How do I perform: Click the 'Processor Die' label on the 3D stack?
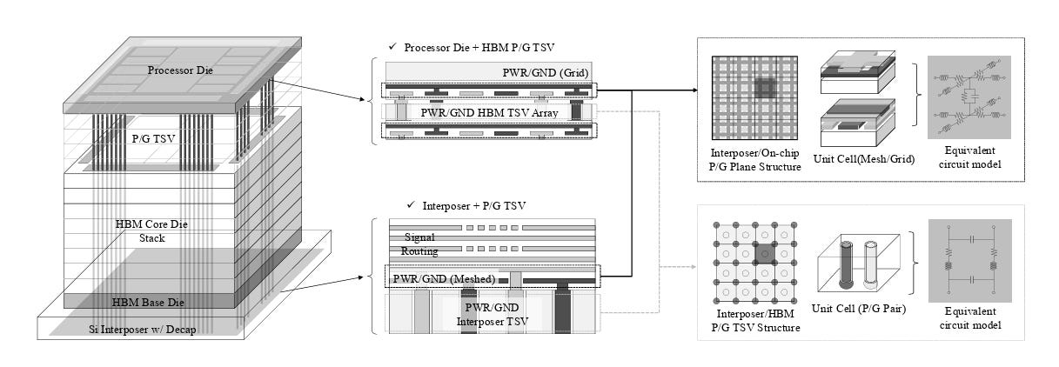180,70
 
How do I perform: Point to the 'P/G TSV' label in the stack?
153,139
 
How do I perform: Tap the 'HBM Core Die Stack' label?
151,231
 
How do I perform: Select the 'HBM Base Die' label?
148,303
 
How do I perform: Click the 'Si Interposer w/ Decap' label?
143,330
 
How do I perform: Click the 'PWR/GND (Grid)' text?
545,73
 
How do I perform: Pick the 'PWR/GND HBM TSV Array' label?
489,113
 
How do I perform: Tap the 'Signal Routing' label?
419,244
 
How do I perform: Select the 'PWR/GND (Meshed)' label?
444,279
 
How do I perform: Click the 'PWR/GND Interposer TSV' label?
493,315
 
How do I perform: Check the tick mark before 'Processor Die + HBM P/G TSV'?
392,46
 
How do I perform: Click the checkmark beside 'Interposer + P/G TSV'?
411,204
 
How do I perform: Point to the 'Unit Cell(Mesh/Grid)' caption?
864,159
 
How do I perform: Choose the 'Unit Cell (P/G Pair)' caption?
859,309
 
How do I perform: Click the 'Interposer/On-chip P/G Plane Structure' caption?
754,160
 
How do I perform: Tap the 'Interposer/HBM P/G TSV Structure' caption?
755,321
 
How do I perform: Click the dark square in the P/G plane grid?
765,88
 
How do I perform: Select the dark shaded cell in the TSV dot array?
765,254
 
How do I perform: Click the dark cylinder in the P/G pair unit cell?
846,265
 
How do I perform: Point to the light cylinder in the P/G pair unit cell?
870,265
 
